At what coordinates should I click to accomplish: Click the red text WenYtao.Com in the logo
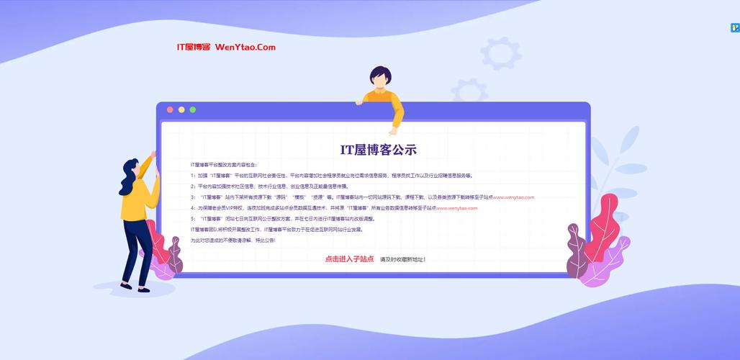click(x=245, y=48)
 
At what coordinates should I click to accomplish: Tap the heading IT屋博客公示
click(x=378, y=150)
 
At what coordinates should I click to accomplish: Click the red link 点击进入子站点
click(x=349, y=258)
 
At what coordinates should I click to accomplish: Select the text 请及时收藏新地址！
click(x=403, y=259)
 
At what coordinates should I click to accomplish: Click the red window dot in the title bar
click(x=170, y=109)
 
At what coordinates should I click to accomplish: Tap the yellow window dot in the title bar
click(x=181, y=109)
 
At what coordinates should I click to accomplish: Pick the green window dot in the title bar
click(x=193, y=109)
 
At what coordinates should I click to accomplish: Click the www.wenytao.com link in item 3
click(x=513, y=197)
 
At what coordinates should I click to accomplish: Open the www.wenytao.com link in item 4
click(x=456, y=208)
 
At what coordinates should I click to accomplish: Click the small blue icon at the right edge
click(x=735, y=28)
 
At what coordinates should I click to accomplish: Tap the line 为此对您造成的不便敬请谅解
click(x=233, y=240)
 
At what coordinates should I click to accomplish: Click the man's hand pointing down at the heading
click(x=393, y=131)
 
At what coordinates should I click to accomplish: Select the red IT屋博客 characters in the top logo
click(x=193, y=48)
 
